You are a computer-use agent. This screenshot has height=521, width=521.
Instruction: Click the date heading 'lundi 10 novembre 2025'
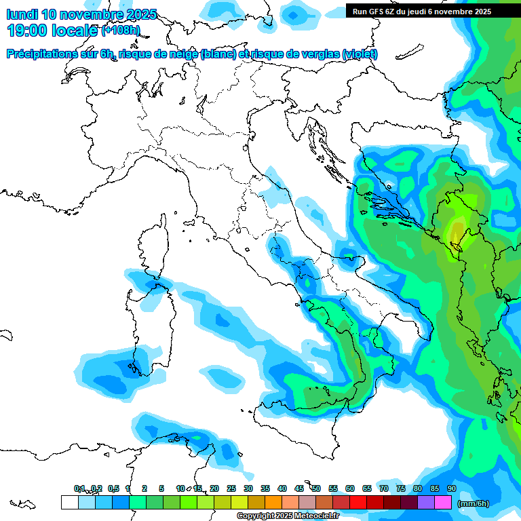(x=81, y=14)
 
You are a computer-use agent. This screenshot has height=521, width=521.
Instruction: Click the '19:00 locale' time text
(x=52, y=30)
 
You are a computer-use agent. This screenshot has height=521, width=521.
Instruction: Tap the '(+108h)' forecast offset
(x=121, y=31)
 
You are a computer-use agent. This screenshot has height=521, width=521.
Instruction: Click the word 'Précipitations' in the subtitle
(x=41, y=54)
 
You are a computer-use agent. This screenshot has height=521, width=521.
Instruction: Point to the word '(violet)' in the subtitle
(x=360, y=54)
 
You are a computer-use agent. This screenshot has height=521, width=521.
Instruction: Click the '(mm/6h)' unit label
(x=473, y=503)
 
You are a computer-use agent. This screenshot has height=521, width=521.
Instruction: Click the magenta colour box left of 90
(x=443, y=502)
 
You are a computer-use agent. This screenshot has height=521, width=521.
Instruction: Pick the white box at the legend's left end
(x=69, y=502)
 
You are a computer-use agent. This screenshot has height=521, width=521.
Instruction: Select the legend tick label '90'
(x=452, y=488)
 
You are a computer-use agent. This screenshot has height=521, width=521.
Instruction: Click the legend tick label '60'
(x=350, y=488)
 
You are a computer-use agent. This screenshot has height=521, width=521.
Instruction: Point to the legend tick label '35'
(x=265, y=488)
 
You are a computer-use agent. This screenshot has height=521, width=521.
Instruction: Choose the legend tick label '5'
(x=161, y=488)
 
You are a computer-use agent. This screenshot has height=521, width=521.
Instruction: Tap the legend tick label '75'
(x=401, y=488)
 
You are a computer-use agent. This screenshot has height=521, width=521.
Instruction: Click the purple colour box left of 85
(x=426, y=502)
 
